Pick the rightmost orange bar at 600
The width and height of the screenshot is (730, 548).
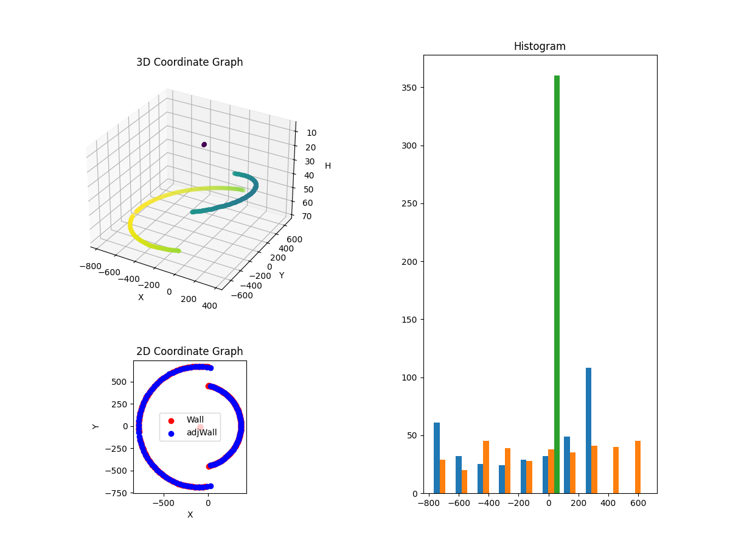(638, 467)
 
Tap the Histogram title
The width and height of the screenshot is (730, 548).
(540, 46)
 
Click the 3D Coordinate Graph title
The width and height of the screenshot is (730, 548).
(189, 62)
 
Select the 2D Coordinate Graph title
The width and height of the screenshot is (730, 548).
(189, 351)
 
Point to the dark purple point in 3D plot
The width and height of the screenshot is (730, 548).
(204, 144)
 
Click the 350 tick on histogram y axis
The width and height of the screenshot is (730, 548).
(410, 88)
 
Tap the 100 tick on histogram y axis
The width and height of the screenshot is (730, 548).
(410, 378)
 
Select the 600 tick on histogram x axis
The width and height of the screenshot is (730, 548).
(638, 504)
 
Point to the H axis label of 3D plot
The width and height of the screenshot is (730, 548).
(328, 166)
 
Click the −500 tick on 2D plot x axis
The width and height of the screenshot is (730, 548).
(164, 504)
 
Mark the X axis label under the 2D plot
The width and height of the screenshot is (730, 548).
(190, 515)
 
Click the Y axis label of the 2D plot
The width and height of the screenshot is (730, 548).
(96, 426)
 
